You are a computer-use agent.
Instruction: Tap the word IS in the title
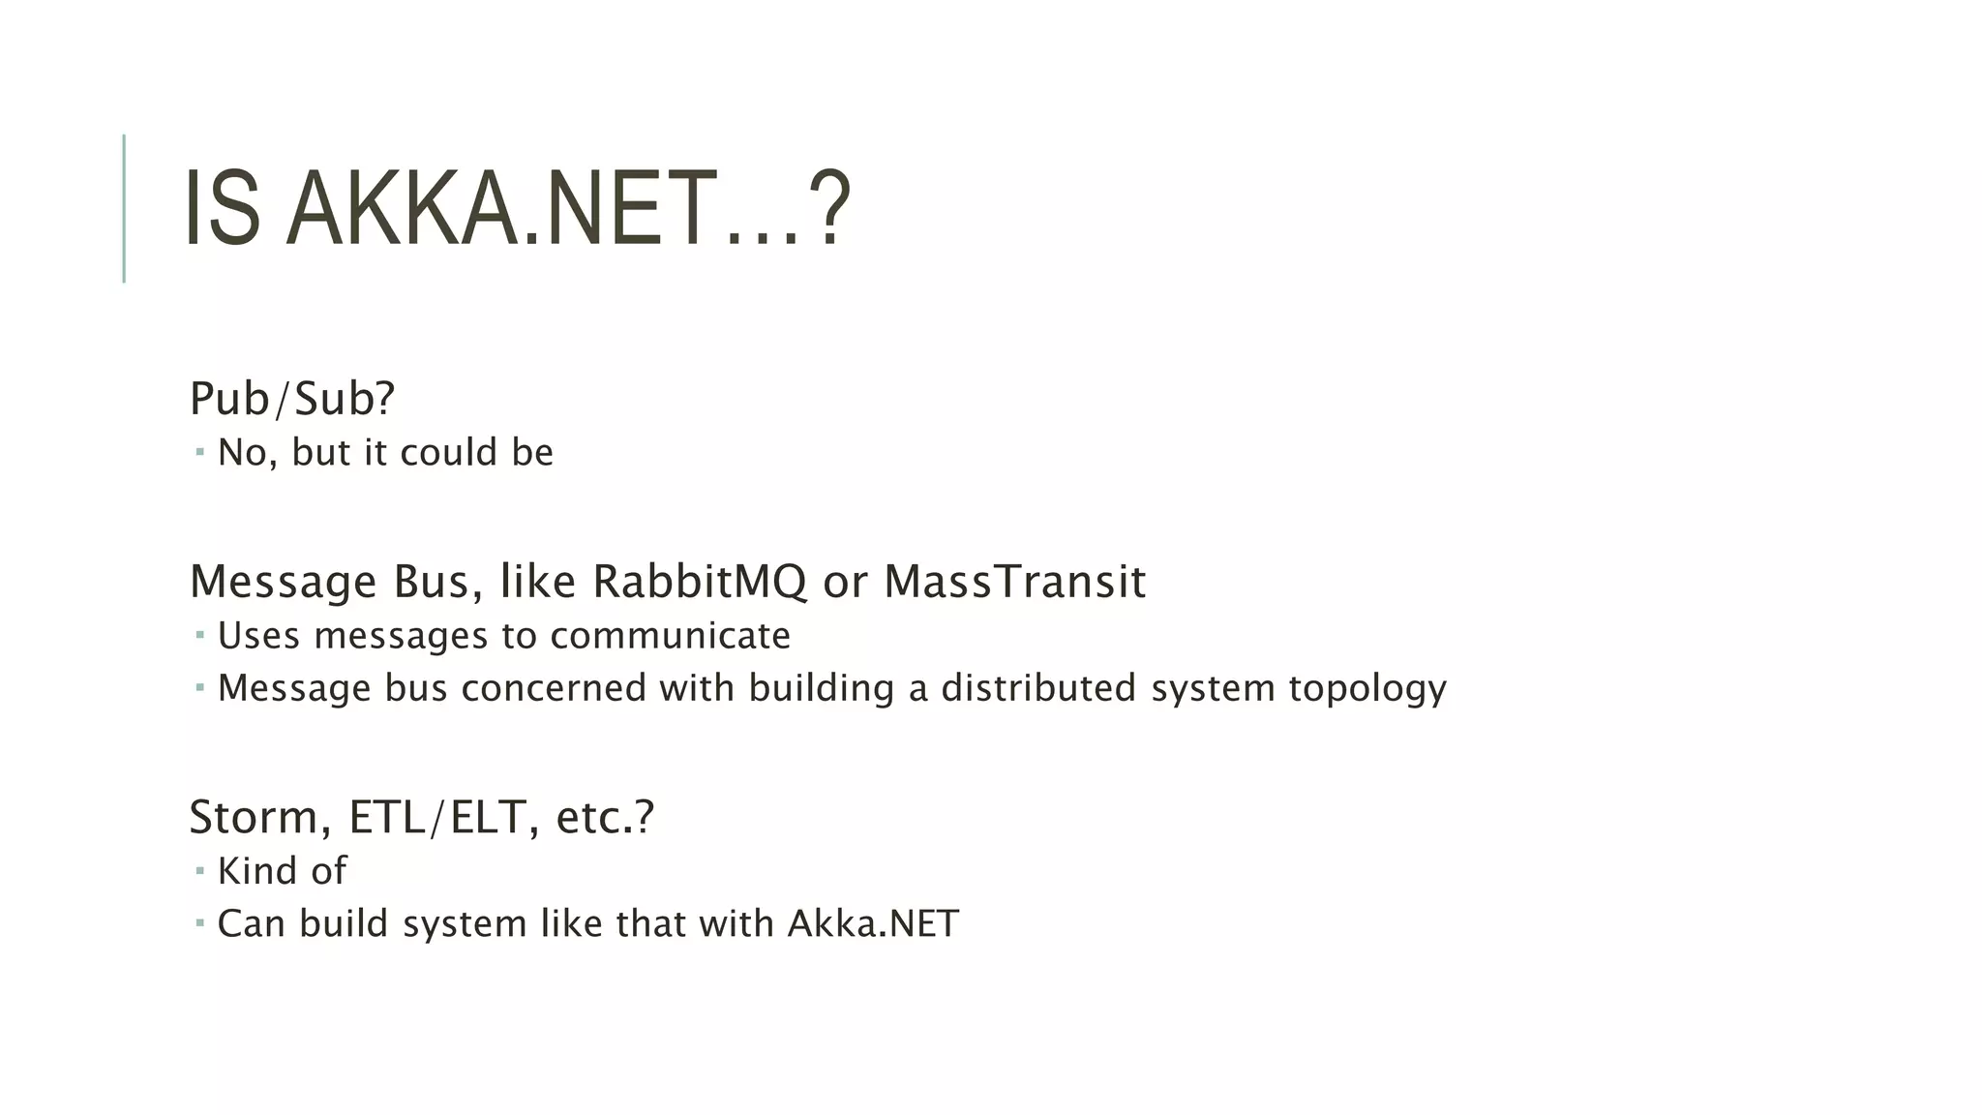click(223, 209)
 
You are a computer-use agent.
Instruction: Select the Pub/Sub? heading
click(292, 399)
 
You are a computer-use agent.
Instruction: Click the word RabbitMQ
click(699, 582)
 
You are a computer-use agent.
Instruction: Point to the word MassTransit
click(1014, 582)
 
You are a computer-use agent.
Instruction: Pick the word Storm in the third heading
click(254, 817)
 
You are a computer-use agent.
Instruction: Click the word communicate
click(670, 636)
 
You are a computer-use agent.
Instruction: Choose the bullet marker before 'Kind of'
click(199, 871)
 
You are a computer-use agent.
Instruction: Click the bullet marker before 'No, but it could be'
click(199, 452)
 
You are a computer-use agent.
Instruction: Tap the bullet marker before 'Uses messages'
click(199, 636)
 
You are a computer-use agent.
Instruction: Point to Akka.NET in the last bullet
click(873, 923)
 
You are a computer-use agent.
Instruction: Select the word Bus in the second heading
click(433, 582)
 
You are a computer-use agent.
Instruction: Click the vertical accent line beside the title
click(124, 208)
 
